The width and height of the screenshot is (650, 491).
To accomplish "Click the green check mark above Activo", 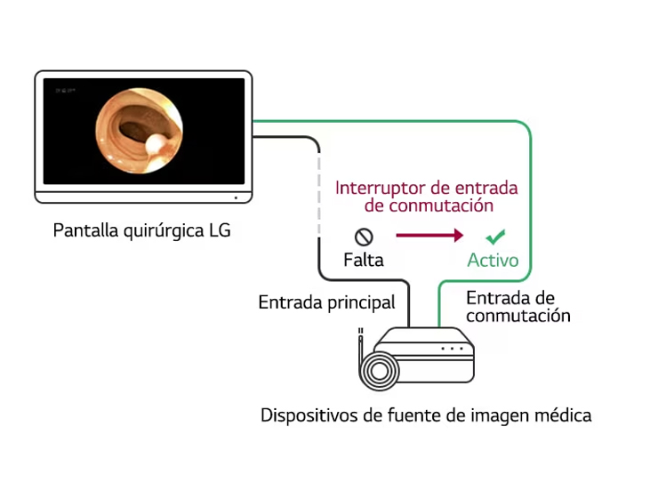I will pyautogui.click(x=496, y=237).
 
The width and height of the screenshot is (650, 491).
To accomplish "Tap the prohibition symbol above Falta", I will pyautogui.click(x=364, y=237).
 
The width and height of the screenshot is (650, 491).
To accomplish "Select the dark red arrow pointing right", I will pyautogui.click(x=429, y=236).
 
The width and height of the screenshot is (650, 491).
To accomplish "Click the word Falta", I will pyautogui.click(x=364, y=260).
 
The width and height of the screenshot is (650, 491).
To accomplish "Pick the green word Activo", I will pyautogui.click(x=494, y=261).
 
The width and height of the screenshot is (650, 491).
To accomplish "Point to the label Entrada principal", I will pyautogui.click(x=326, y=302).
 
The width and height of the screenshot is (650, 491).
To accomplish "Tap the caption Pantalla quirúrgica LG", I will pyautogui.click(x=141, y=231).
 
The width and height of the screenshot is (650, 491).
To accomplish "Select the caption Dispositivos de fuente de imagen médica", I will pyautogui.click(x=426, y=415).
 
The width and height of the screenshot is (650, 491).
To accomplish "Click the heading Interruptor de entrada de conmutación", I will pyautogui.click(x=426, y=197).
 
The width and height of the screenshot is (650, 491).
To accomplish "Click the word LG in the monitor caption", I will pyautogui.click(x=219, y=231).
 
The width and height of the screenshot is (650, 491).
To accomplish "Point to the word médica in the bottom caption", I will pyautogui.click(x=562, y=415).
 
